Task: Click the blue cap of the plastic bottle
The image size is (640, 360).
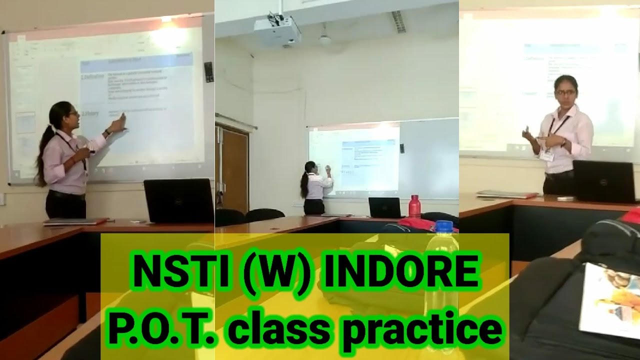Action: coord(443,227)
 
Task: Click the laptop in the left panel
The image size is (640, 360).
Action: coord(178,200)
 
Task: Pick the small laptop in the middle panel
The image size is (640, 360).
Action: coord(384,207)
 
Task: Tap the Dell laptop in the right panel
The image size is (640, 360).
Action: coord(604,181)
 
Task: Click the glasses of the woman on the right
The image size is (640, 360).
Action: coord(565,92)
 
